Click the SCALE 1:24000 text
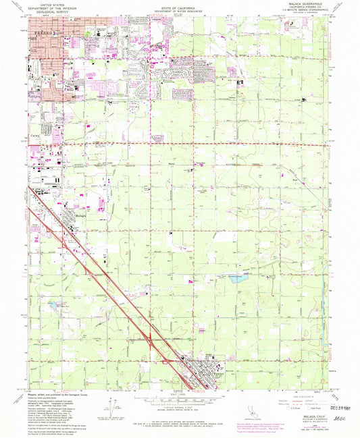[x=180, y=393]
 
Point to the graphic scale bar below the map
[x=180, y=400]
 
